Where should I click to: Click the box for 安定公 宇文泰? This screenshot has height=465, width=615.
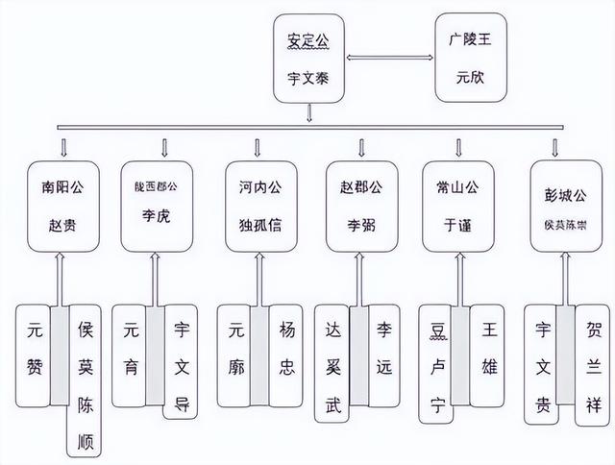click(307, 58)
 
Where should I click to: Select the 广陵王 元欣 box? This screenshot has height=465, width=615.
click(469, 58)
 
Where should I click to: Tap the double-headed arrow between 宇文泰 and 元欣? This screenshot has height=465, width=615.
click(388, 59)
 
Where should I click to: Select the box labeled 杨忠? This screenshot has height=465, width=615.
click(285, 355)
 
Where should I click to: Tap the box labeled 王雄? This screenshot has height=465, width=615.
click(486, 355)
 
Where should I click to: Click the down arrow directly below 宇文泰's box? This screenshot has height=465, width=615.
click(307, 114)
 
